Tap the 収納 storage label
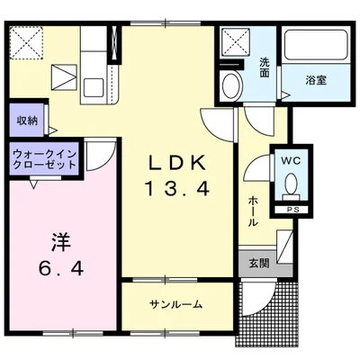pos(26,121)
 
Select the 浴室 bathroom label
pos(317,79)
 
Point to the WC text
pos(290,160)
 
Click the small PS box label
pos(292,211)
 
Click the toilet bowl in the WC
pos(291,184)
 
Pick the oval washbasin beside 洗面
pos(230,88)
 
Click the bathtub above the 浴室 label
pos(315,49)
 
